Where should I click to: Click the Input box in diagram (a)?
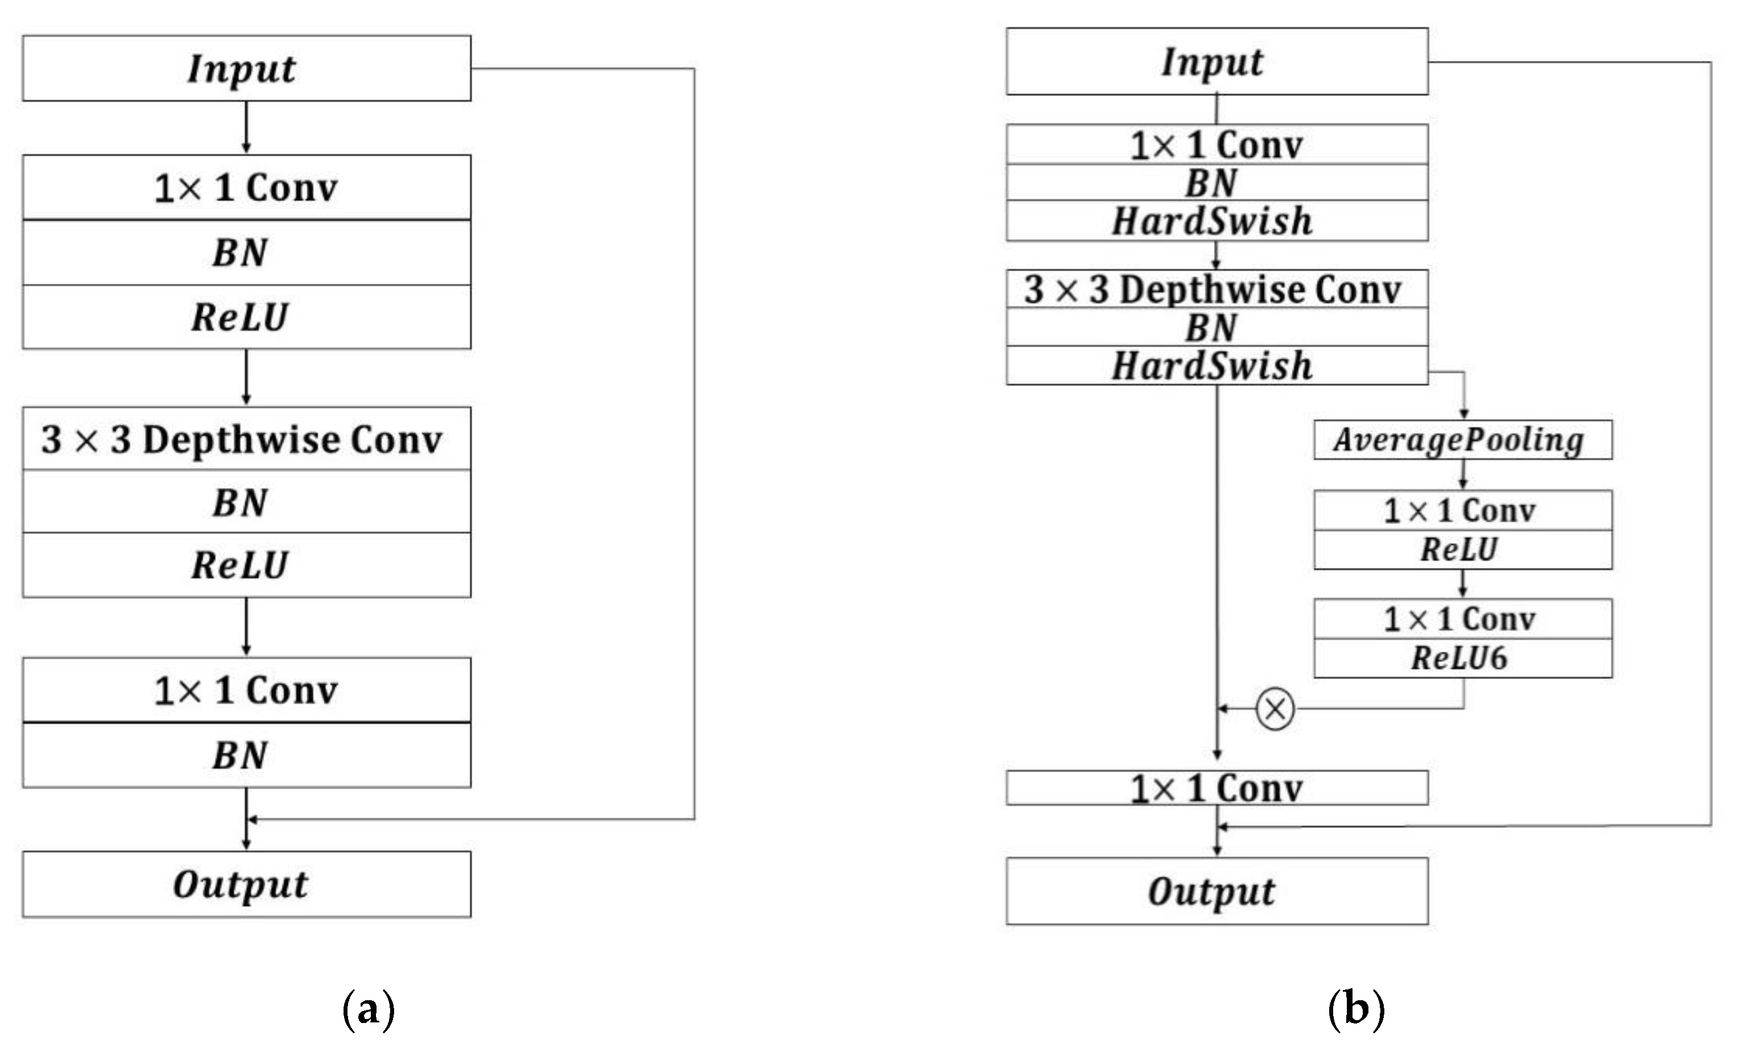point(246,68)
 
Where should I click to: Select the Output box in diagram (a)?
point(246,884)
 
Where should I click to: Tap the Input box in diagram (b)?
point(1217,61)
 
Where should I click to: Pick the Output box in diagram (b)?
point(1217,891)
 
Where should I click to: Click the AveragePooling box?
point(1462,440)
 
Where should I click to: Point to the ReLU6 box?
point(1462,658)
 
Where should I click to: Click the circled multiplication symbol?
point(1275,709)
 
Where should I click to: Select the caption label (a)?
point(368,1009)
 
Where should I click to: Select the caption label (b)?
point(1355,1009)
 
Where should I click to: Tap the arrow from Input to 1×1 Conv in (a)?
point(246,127)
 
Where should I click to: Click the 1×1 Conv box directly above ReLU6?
point(1462,619)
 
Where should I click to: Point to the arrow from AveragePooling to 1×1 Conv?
point(1463,474)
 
